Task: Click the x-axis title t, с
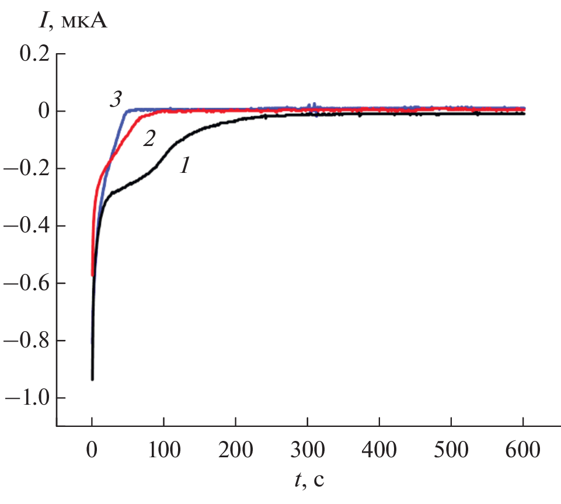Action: pyautogui.click(x=309, y=481)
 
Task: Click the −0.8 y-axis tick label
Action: pyautogui.click(x=27, y=340)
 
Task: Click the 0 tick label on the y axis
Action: pyautogui.click(x=42, y=112)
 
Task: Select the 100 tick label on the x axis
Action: pyautogui.click(x=164, y=451)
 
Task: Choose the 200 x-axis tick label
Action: pyautogui.click(x=236, y=451)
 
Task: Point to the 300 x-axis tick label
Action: pyautogui.click(x=308, y=451)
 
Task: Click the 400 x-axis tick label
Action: pyautogui.click(x=379, y=451)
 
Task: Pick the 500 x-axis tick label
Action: pyautogui.click(x=451, y=451)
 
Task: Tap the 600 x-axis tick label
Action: pyautogui.click(x=523, y=451)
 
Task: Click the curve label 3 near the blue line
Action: pyautogui.click(x=116, y=100)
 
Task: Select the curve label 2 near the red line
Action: pyautogui.click(x=149, y=139)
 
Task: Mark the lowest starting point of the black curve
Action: pyautogui.click(x=92, y=379)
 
